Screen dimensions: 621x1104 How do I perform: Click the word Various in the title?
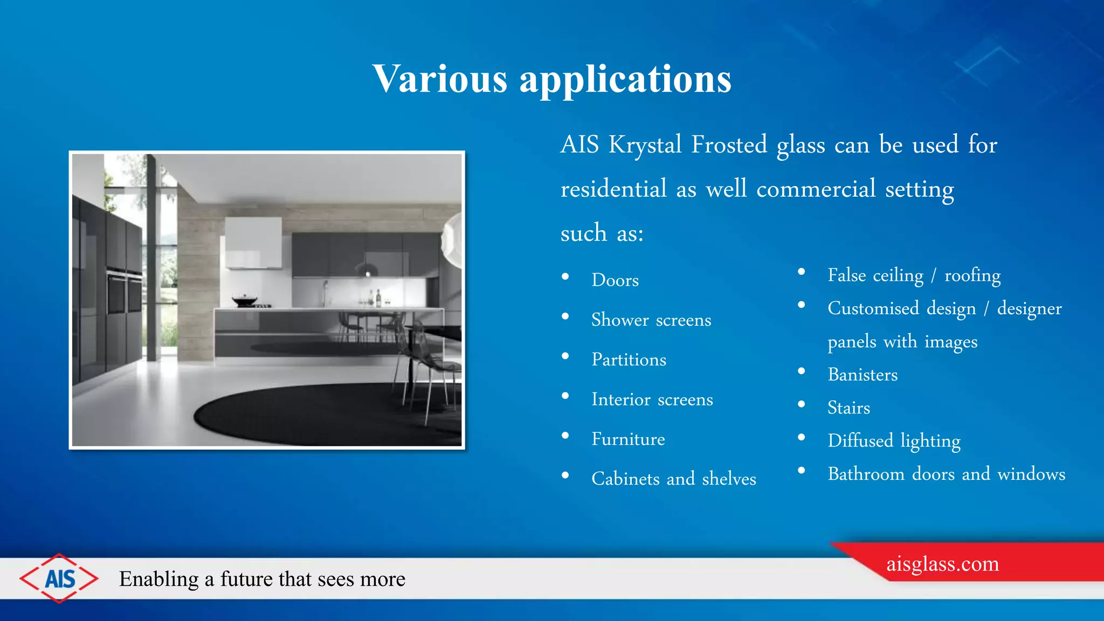[439, 79]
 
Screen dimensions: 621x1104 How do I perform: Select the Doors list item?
[615, 280]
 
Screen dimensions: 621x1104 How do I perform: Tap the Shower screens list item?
[651, 320]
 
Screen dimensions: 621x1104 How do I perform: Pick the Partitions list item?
[629, 360]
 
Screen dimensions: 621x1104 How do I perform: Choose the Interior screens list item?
[652, 399]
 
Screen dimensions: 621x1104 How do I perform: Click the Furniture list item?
[628, 439]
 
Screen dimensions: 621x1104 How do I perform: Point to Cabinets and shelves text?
[673, 479]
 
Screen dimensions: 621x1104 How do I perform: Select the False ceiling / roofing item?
[914, 275]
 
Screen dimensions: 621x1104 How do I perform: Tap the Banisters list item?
[862, 375]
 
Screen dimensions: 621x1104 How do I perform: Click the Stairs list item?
[848, 408]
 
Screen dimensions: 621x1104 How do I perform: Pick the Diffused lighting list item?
[894, 441]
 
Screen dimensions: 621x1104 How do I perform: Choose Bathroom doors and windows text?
[946, 474]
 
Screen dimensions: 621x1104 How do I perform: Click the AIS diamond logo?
[59, 578]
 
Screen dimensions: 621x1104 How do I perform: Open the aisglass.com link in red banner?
[942, 564]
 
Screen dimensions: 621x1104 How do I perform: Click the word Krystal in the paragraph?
[645, 144]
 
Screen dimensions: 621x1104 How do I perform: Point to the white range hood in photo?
[253, 243]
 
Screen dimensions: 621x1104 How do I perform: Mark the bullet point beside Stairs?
[802, 404]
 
